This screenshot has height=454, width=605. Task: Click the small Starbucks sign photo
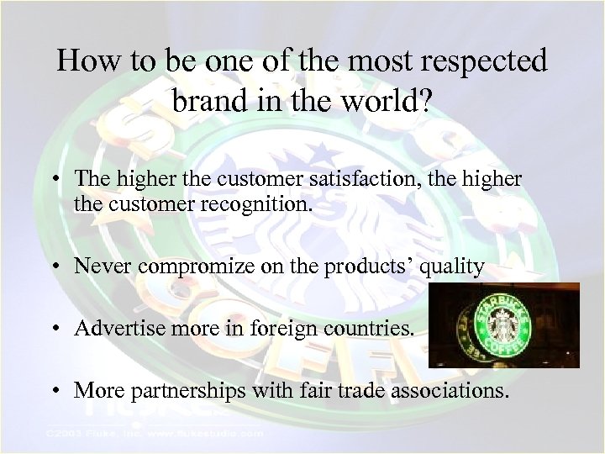pos(503,325)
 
